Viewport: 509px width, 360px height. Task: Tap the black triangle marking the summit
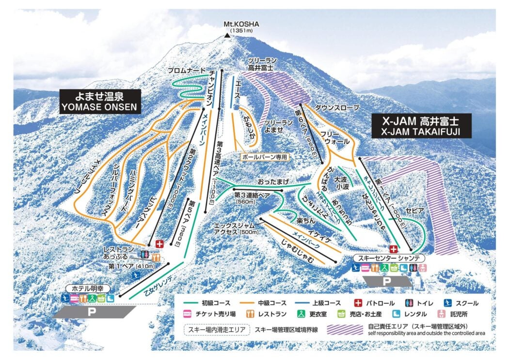pos(227,35)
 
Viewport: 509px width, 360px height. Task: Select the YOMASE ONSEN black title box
pos(100,101)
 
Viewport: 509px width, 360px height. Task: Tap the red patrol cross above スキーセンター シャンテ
pos(394,249)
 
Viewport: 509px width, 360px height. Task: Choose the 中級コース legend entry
pos(269,303)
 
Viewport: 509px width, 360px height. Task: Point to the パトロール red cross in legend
pos(359,303)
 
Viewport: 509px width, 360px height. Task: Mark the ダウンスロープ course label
pos(337,107)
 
